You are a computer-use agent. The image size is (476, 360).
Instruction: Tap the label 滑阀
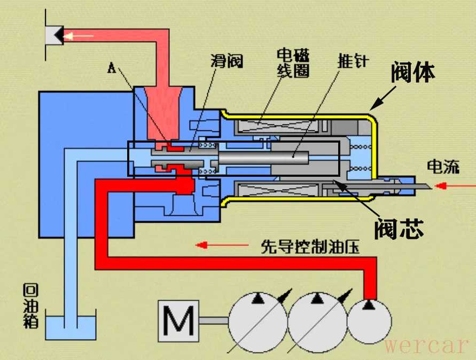227,61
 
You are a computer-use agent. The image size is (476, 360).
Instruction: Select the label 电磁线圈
293,63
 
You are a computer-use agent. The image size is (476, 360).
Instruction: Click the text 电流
443,167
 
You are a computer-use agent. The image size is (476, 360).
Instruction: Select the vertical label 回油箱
30,307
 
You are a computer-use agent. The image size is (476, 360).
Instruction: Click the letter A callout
112,67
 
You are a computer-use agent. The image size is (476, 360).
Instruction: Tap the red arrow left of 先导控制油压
208,245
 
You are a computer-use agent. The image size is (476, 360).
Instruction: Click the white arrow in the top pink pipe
79,36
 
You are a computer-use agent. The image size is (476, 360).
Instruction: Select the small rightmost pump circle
369,321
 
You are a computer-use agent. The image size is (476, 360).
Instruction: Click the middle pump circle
318,321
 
